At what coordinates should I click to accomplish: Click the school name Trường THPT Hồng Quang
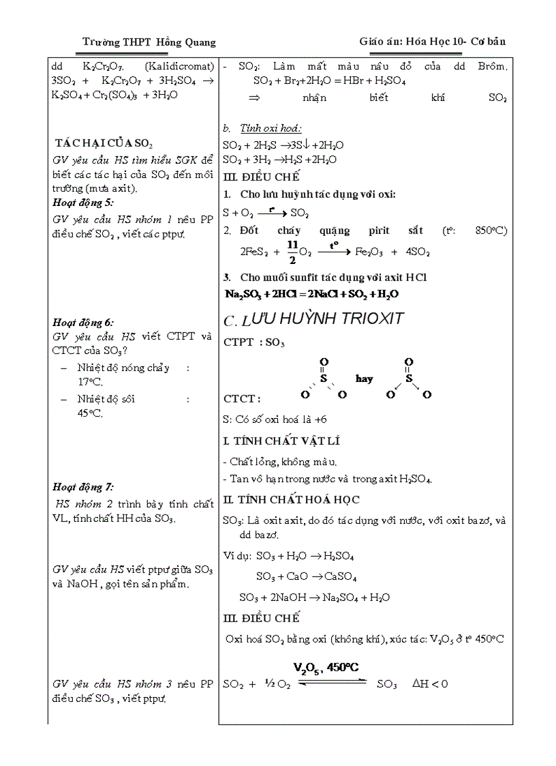point(149,42)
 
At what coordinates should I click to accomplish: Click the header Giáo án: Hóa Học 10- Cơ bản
point(432,42)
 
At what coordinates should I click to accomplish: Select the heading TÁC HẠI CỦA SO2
point(104,143)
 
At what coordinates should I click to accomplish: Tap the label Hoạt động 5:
point(83,203)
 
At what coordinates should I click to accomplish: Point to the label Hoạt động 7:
point(83,486)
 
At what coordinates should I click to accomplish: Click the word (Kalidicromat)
point(180,67)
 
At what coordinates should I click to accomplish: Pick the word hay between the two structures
point(364,379)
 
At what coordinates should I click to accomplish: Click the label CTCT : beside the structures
point(241,398)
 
